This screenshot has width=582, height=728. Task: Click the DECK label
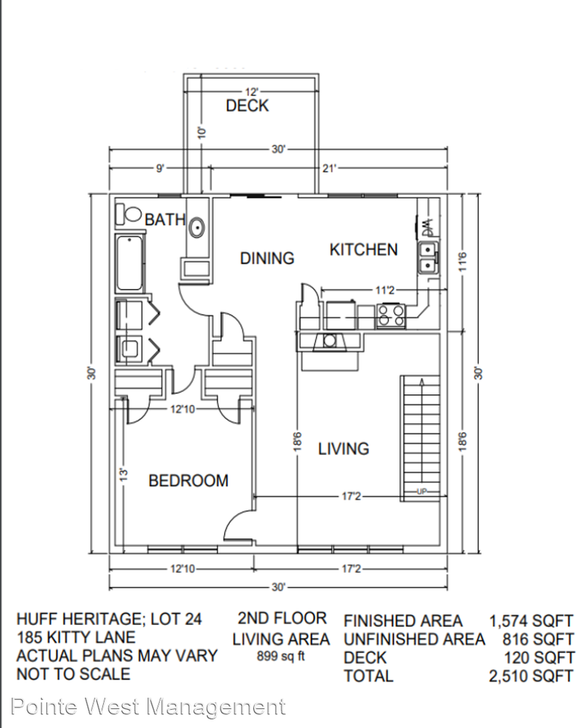click(247, 106)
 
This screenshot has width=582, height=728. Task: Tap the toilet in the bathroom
click(127, 215)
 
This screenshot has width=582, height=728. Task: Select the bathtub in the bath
click(130, 262)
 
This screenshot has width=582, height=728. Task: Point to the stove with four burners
click(391, 315)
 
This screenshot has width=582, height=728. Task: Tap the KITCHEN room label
click(363, 249)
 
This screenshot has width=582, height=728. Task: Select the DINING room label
click(267, 259)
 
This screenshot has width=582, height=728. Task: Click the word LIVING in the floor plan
click(343, 449)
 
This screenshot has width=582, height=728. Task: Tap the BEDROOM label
click(188, 481)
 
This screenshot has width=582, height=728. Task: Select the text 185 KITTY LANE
click(76, 637)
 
